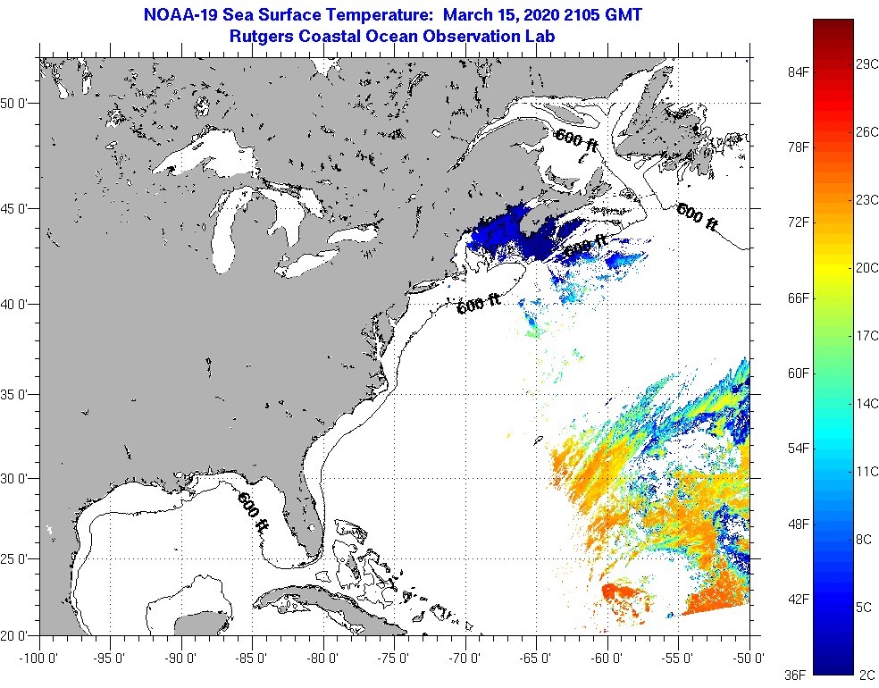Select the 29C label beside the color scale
[x=867, y=64]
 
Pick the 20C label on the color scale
[x=867, y=267]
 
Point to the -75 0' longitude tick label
[x=395, y=659]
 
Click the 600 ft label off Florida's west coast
[x=253, y=513]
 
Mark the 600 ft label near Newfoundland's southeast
[x=698, y=217]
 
